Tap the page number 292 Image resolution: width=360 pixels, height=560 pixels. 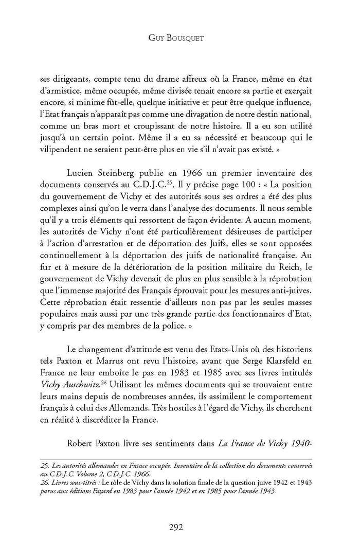point(179,527)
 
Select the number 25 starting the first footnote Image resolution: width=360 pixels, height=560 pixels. point(44,465)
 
